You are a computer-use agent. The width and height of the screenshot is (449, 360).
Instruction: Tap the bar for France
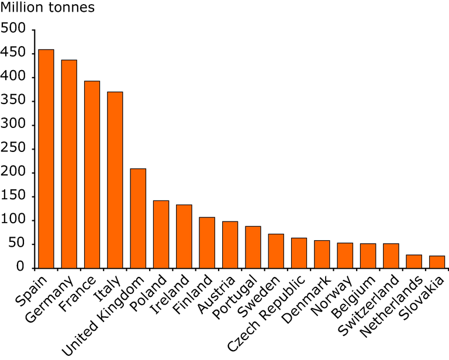pos(92,175)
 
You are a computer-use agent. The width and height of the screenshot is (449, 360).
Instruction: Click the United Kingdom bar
pos(138,219)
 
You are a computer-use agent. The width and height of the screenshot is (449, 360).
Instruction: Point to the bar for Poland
pos(161,234)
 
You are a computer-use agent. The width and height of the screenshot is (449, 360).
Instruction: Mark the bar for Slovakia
pos(437,262)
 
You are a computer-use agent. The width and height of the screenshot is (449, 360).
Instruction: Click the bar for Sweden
pos(276,251)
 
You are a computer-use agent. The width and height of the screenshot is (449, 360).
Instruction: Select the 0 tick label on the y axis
pos(20,268)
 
